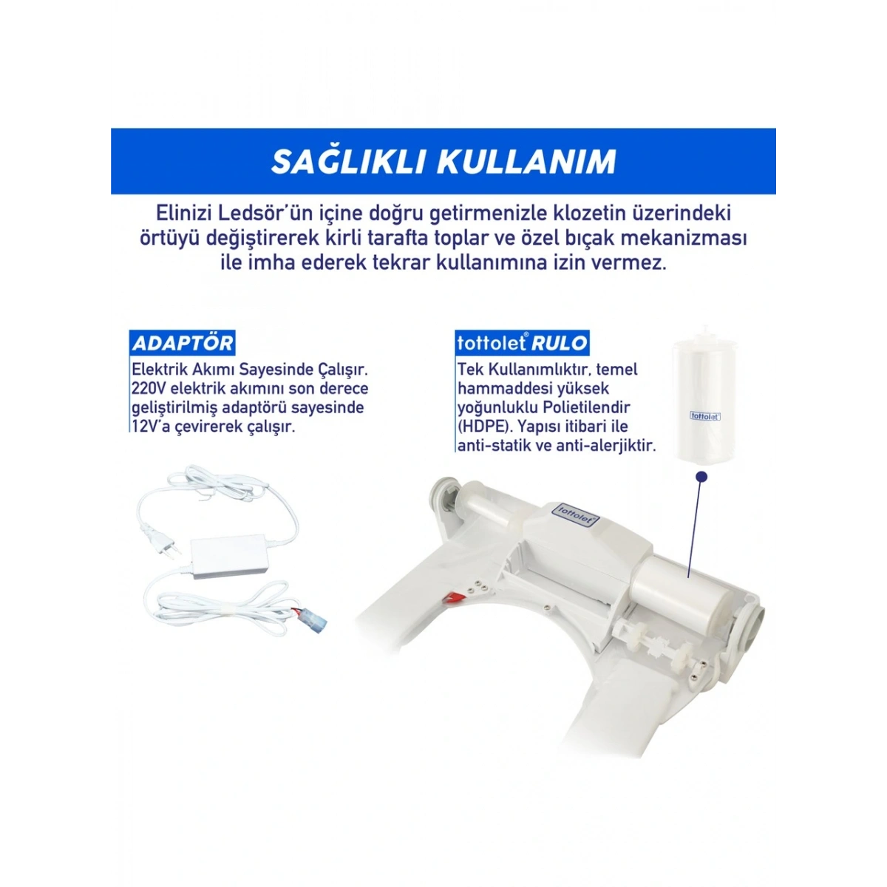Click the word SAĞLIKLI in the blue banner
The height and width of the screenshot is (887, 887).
click(347, 162)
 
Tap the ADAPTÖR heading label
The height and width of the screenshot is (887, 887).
click(183, 343)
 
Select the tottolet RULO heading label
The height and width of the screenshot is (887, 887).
click(523, 343)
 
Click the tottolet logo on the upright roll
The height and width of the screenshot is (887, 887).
click(704, 416)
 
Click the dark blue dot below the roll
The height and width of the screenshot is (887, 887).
click(702, 477)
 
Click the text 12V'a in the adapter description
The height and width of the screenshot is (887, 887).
click(151, 426)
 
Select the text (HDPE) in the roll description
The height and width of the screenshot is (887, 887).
click(484, 426)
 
